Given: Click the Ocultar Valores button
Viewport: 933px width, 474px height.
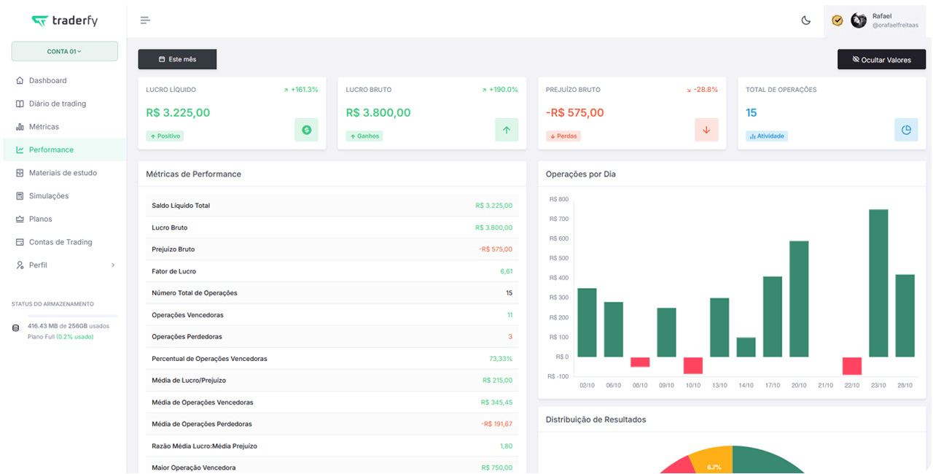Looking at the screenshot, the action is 881,60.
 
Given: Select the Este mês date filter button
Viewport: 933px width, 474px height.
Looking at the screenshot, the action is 177,59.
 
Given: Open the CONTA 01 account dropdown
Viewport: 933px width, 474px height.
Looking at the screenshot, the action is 65,51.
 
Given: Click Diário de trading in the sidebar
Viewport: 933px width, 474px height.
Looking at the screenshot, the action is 58,104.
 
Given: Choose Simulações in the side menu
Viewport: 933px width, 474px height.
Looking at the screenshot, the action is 49,195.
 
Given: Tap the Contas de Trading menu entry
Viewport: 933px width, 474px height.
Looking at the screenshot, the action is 60,242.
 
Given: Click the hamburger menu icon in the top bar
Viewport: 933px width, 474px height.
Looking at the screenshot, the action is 145,20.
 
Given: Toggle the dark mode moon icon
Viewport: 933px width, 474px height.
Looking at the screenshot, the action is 806,20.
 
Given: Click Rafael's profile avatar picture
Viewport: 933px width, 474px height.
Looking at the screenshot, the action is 859,20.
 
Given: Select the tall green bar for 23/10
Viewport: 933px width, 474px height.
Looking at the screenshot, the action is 878,283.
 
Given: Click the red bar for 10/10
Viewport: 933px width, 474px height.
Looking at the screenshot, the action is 692,365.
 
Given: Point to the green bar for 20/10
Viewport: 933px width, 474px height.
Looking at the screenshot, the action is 799,299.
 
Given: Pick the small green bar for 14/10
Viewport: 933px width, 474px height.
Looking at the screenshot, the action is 746,347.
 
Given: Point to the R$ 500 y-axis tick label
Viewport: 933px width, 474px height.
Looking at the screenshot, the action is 558,258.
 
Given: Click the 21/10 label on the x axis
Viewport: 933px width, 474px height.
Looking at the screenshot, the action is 825,385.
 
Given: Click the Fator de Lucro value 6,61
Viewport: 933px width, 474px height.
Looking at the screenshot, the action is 506,271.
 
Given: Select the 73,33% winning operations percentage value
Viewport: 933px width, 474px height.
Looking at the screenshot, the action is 501,359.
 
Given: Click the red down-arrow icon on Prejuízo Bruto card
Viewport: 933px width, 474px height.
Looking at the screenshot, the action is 706,130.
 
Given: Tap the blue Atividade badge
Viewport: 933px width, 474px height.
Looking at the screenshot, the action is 766,136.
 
